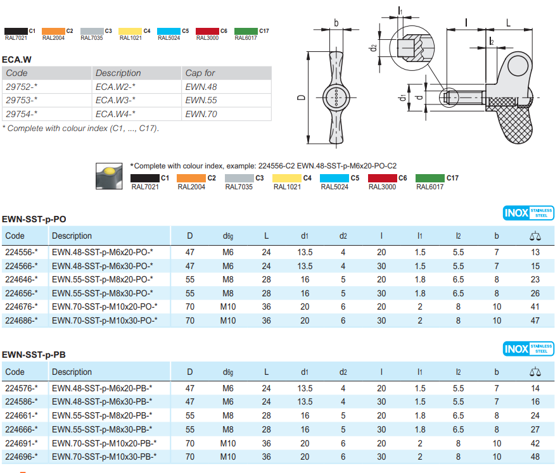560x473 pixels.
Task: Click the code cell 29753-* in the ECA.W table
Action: coord(22,100)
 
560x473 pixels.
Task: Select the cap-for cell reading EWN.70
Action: coord(201,114)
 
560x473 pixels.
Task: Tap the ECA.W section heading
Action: coord(16,60)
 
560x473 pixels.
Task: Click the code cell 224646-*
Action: coord(22,279)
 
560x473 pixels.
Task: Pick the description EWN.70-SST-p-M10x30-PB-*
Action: coord(105,457)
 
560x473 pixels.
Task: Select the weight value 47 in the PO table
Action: coord(535,320)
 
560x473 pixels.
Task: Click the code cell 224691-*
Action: coord(22,443)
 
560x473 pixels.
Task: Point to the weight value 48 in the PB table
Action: coord(535,457)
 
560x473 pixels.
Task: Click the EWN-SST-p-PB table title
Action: coord(34,355)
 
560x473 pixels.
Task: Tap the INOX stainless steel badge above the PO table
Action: coord(528,213)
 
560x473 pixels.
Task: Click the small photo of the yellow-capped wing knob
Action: coord(110,176)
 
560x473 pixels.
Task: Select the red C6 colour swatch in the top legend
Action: coord(208,31)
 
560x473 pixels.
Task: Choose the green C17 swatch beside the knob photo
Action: coord(430,178)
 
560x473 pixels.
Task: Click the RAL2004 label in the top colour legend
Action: coord(54,38)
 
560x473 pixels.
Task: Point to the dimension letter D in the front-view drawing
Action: coord(302,97)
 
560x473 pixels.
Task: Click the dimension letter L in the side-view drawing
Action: coord(508,23)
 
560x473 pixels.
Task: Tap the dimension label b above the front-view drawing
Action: coord(336,23)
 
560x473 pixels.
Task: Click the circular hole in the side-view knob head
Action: coord(518,66)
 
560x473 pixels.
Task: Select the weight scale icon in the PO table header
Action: coord(535,236)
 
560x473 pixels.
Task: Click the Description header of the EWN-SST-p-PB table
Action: coord(72,372)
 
